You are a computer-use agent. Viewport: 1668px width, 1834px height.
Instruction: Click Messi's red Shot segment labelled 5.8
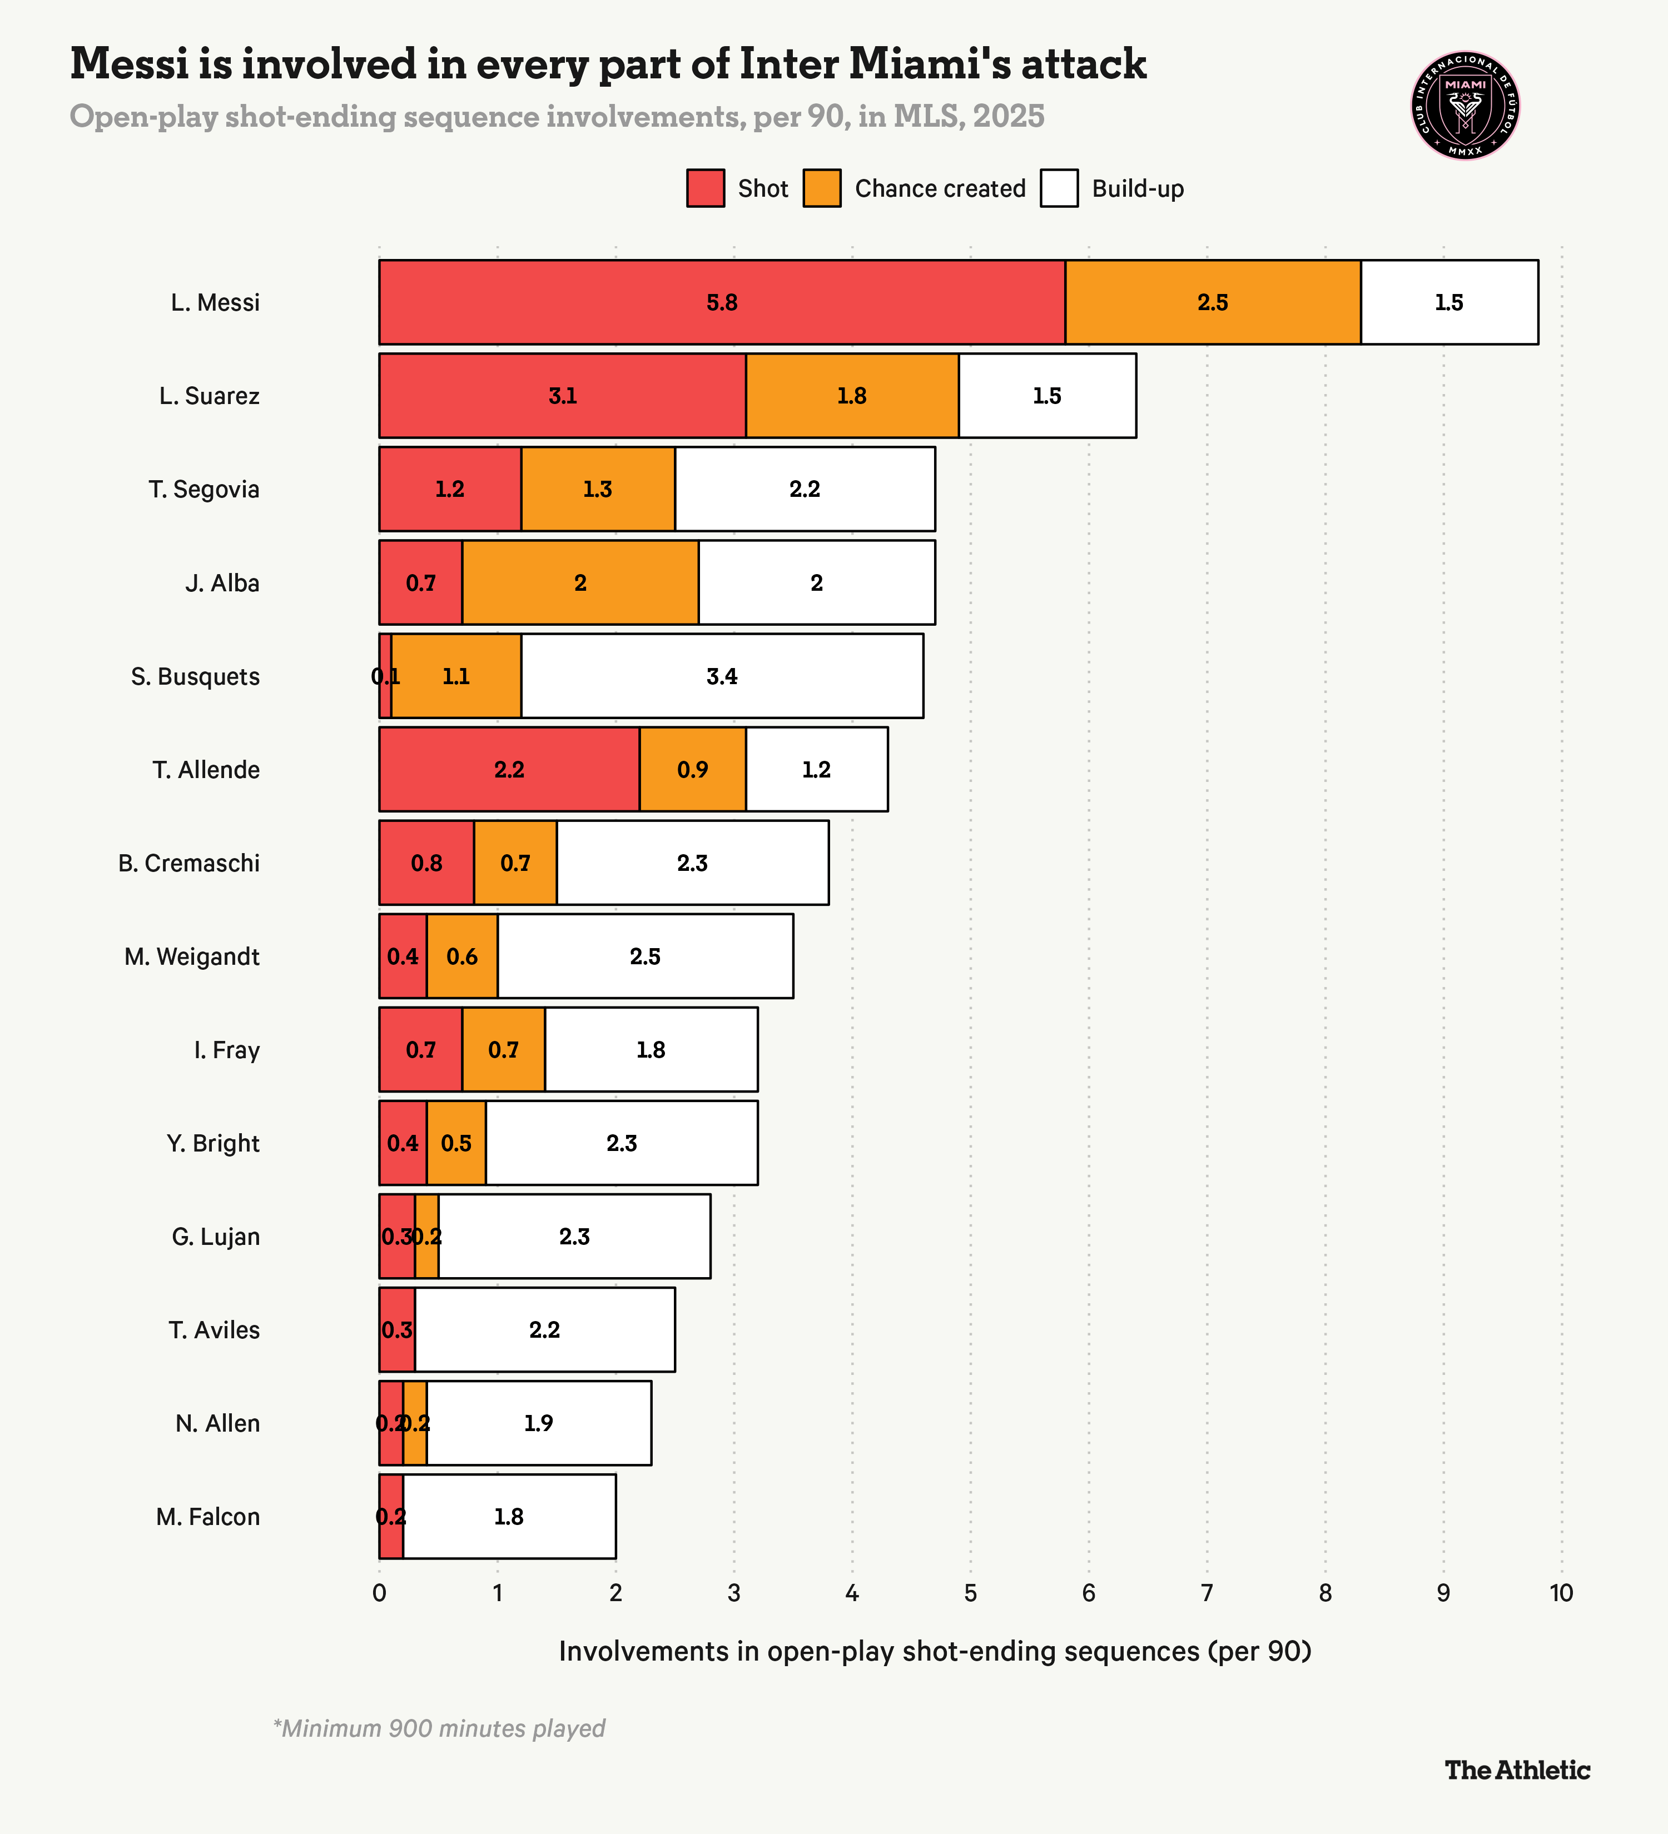(722, 302)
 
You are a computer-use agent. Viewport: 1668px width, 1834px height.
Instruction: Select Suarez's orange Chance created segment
(852, 396)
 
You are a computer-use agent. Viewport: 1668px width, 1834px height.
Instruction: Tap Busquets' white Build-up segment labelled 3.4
(722, 676)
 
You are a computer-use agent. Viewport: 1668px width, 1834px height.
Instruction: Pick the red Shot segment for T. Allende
(509, 770)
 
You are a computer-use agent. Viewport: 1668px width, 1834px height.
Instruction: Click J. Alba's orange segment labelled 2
(580, 582)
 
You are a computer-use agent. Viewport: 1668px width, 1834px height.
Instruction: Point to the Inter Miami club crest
(1465, 106)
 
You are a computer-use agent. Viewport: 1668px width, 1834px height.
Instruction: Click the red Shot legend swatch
(705, 188)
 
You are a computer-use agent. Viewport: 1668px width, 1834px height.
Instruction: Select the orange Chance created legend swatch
(822, 188)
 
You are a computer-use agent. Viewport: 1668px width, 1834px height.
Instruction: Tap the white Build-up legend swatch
(1059, 188)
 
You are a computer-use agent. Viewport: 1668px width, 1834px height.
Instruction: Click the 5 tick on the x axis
(970, 1593)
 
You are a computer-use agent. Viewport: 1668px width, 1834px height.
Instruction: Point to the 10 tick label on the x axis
(1561, 1593)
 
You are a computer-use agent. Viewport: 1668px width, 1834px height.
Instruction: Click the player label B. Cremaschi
(188, 863)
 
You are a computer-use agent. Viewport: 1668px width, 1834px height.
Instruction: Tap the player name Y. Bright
(213, 1144)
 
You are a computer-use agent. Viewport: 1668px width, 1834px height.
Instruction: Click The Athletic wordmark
(1517, 1770)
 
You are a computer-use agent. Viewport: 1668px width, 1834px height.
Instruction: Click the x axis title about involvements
(935, 1651)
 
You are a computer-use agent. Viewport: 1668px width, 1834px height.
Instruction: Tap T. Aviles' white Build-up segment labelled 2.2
(544, 1330)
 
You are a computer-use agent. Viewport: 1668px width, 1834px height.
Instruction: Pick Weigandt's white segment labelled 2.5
(644, 956)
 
